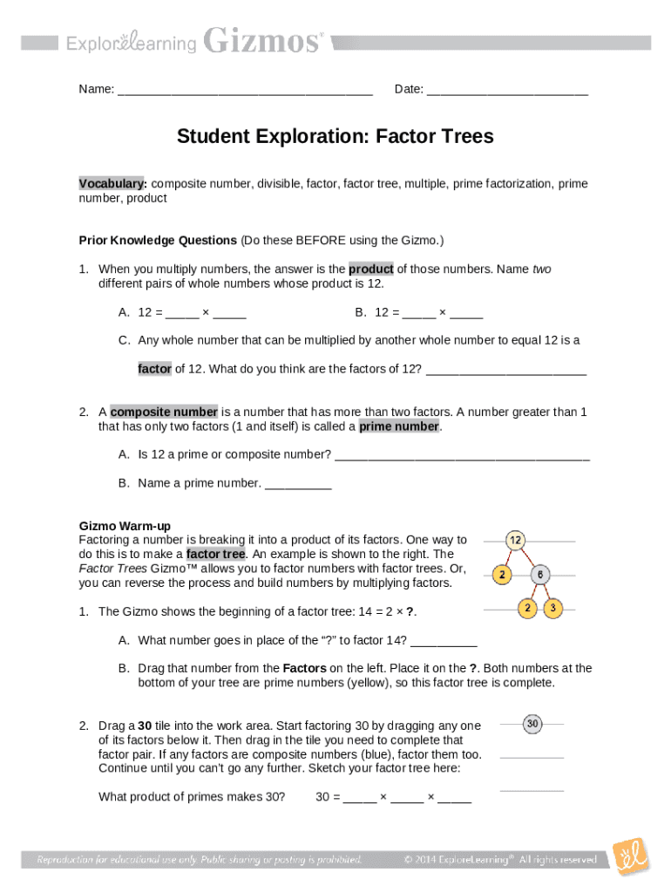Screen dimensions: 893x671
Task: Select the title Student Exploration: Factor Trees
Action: point(335,137)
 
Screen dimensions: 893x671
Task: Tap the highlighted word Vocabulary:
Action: point(112,184)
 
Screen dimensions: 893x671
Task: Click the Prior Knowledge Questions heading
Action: point(158,240)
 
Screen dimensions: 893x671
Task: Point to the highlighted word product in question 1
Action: point(371,269)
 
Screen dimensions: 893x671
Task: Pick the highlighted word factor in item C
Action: point(154,369)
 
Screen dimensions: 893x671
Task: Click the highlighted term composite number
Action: point(164,412)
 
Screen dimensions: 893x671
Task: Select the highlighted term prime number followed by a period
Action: point(399,426)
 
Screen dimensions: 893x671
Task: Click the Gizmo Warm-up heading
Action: point(125,526)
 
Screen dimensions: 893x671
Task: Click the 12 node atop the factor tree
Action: point(516,541)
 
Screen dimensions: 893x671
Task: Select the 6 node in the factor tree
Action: point(540,575)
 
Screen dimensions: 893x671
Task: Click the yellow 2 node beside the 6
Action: point(501,575)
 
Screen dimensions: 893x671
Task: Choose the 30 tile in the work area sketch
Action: point(532,723)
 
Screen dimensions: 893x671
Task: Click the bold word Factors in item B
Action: point(308,668)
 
